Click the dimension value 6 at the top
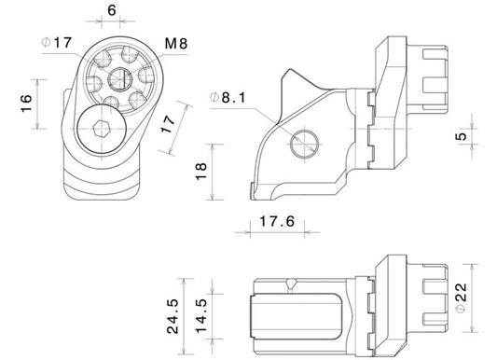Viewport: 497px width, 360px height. click(x=112, y=10)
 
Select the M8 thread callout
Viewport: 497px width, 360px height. click(x=176, y=44)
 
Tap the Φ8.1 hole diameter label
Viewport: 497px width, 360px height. click(x=228, y=98)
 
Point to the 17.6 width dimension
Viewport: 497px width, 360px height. click(x=277, y=221)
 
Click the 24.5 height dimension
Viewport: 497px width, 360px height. click(x=173, y=316)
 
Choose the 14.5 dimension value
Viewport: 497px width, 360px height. click(x=201, y=316)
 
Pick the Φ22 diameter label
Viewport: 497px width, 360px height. click(x=462, y=298)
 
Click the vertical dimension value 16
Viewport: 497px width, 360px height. click(x=26, y=103)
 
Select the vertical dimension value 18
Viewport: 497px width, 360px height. click(x=201, y=172)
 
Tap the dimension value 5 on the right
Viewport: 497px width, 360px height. click(x=462, y=136)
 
